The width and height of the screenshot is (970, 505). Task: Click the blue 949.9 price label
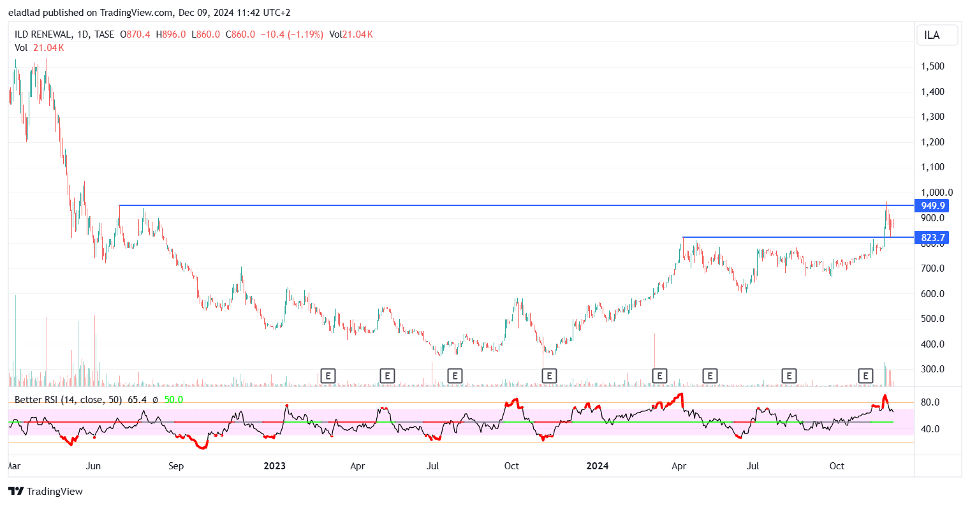point(933,205)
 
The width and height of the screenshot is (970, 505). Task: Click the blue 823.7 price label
point(933,238)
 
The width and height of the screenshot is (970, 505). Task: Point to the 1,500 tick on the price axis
point(932,66)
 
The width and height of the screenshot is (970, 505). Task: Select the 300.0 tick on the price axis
point(932,369)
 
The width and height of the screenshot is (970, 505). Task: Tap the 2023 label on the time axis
point(275,466)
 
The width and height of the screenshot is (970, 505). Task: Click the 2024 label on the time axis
point(598,466)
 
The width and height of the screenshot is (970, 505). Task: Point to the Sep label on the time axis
point(176,466)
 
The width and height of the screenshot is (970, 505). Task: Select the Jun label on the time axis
point(93,466)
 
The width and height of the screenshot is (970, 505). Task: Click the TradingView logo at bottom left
point(46,491)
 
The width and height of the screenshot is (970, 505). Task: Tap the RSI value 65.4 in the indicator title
point(137,400)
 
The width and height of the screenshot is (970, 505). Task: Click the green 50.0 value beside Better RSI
point(173,400)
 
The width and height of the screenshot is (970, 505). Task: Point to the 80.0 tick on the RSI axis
point(930,402)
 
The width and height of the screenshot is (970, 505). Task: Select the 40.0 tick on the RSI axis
point(930,429)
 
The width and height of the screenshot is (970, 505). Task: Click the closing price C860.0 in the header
point(240,34)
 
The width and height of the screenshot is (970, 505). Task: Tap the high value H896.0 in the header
point(171,34)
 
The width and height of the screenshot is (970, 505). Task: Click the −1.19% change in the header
point(306,34)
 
